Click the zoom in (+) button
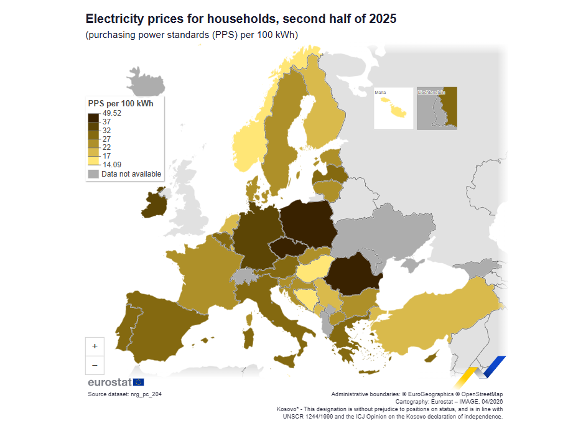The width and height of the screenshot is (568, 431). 95,346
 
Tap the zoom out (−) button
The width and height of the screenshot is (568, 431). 95,365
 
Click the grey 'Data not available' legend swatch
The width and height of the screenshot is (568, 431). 93,174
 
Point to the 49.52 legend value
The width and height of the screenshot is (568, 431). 112,113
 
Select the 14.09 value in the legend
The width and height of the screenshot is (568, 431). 112,165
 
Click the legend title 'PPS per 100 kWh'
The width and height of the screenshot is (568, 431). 121,104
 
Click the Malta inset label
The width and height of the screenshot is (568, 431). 380,92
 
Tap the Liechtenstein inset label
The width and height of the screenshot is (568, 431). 431,92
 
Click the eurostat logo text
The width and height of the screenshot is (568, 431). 109,382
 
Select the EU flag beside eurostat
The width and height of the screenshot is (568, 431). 138,382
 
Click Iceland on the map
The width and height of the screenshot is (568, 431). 145,82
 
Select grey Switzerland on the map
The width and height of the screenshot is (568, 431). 243,276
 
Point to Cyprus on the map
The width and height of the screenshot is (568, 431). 431,356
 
